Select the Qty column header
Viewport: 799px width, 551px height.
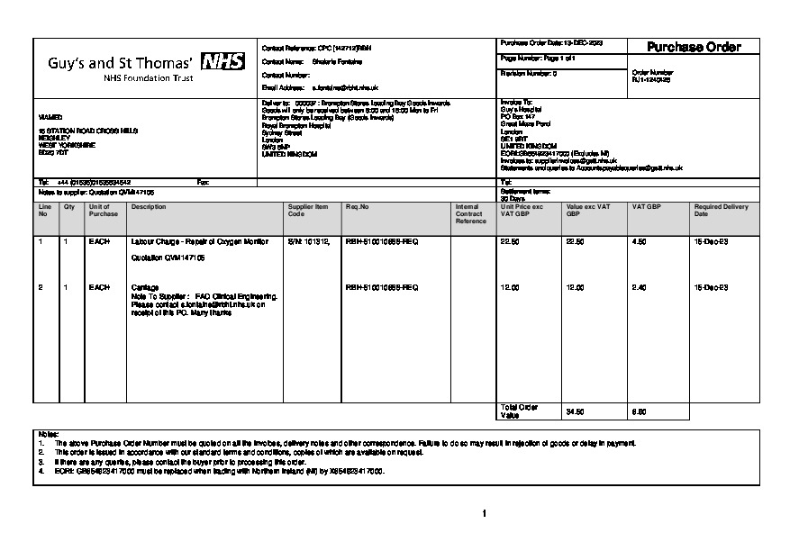pyautogui.click(x=68, y=206)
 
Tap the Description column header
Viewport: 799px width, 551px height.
pyautogui.click(x=143, y=206)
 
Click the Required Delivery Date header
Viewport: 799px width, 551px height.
pyautogui.click(x=721, y=211)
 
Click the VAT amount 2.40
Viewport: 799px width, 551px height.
pyautogui.click(x=639, y=287)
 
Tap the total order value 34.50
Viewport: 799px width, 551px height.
pyautogui.click(x=575, y=411)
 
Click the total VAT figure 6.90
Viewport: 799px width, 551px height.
pyautogui.click(x=639, y=411)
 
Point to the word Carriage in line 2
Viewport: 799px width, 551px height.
pyautogui.click(x=145, y=287)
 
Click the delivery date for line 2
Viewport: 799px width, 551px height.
pyautogui.click(x=705, y=287)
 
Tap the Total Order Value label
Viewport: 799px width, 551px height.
pyautogui.click(x=518, y=411)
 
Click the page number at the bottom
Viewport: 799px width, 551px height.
pyautogui.click(x=485, y=514)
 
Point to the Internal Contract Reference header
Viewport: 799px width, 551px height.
pyautogui.click(x=470, y=213)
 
